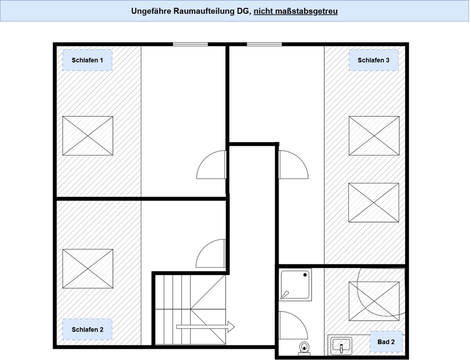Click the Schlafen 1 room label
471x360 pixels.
[87, 60]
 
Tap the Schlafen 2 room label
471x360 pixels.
[87, 330]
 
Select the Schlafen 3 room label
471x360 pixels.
[373, 60]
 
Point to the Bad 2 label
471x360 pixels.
[386, 342]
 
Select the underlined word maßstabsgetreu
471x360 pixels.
[295, 11]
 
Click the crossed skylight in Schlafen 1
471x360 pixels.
[88, 136]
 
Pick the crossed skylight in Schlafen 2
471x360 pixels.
[88, 268]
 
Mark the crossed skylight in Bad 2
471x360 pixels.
[374, 301]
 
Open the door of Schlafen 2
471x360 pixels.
[211, 254]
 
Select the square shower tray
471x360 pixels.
[296, 285]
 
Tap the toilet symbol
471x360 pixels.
[305, 348]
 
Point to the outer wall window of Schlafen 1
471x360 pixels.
[190, 44]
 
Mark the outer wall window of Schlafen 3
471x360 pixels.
[264, 44]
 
